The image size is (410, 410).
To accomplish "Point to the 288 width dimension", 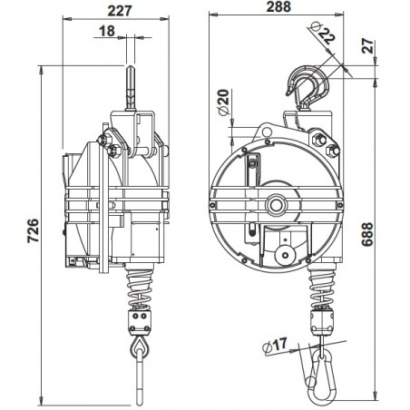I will click(x=278, y=11).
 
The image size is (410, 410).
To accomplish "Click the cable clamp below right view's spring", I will click(x=325, y=319).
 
